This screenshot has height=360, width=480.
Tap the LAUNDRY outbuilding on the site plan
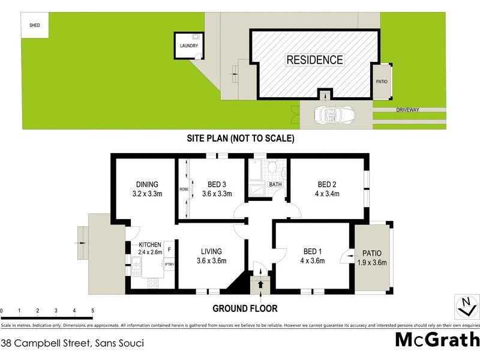point(188,46)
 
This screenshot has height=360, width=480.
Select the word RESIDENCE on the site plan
point(314,60)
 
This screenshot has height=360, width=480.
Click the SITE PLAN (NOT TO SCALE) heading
point(240,139)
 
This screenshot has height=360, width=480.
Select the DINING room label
point(147,184)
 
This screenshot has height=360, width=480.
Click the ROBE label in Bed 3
point(184,190)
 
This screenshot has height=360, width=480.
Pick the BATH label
point(275,184)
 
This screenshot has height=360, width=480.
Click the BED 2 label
point(328,184)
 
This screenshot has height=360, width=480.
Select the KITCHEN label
point(151,245)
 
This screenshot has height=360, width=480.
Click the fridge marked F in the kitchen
point(169,248)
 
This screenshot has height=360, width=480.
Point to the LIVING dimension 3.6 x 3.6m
point(212,260)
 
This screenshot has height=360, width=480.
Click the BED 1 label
point(312,251)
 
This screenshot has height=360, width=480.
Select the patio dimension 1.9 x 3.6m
point(373,262)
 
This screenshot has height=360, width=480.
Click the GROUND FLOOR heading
point(245,309)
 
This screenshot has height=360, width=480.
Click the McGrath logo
point(436,340)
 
